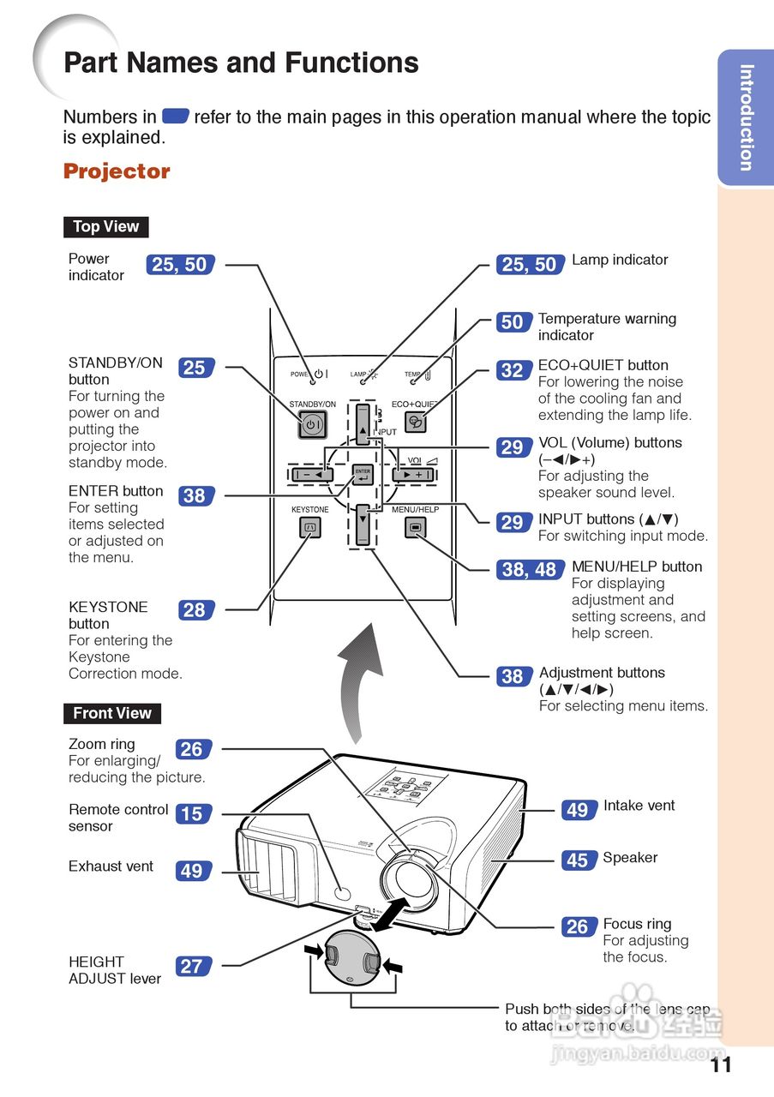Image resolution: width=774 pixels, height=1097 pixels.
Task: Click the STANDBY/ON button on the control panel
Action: click(x=312, y=423)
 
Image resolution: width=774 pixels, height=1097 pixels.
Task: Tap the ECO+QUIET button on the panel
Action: click(x=416, y=422)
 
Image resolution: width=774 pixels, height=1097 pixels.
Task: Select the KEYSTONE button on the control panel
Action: click(x=310, y=528)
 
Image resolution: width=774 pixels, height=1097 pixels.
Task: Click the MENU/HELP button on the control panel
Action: click(x=416, y=528)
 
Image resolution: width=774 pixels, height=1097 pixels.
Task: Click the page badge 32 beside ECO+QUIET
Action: click(x=512, y=370)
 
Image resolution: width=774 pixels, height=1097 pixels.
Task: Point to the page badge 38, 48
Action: click(x=529, y=570)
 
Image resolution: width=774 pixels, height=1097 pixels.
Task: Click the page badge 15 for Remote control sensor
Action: click(x=191, y=813)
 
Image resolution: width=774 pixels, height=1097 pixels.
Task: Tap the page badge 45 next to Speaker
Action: click(x=578, y=860)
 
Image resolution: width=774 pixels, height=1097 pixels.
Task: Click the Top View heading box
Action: click(x=105, y=227)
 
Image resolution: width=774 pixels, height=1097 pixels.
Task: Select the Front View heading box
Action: click(x=111, y=713)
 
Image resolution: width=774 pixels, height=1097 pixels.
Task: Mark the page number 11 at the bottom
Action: click(x=721, y=1065)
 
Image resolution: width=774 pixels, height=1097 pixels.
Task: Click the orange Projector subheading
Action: click(x=117, y=171)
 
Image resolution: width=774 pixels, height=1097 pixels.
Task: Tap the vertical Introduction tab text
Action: click(x=747, y=117)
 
